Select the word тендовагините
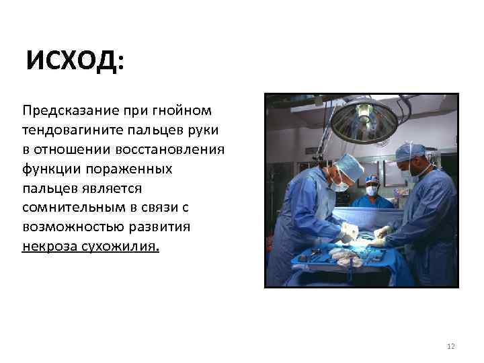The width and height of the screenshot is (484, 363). (73, 129)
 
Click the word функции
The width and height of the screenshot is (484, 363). (49, 168)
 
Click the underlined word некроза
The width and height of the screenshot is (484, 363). (49, 246)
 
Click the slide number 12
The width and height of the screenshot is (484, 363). (450, 346)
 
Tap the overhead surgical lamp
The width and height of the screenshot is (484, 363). (364, 120)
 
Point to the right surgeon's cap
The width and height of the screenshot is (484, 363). (410, 152)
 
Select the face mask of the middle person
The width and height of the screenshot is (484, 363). (371, 190)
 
